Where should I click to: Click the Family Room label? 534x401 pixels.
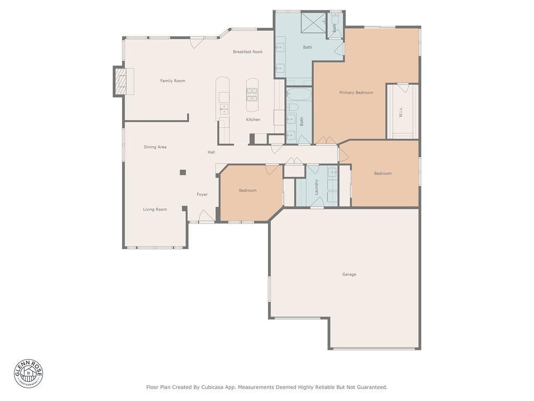click(x=173, y=81)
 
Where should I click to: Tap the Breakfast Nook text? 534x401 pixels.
click(x=248, y=52)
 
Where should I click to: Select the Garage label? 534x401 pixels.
click(x=349, y=274)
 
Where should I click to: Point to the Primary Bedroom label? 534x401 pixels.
click(x=356, y=92)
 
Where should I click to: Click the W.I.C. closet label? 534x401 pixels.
click(x=401, y=112)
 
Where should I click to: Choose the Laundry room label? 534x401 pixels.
click(x=317, y=187)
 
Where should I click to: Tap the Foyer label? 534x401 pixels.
click(x=202, y=194)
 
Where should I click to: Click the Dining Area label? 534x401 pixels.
click(x=155, y=147)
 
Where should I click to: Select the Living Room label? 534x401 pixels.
click(x=155, y=209)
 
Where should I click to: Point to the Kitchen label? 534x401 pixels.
click(x=253, y=120)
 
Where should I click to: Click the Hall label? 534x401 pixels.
click(x=211, y=152)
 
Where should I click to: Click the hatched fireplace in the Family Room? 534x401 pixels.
click(x=120, y=81)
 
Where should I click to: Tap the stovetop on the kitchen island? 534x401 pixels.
click(x=252, y=95)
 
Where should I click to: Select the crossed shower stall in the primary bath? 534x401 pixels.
click(x=313, y=22)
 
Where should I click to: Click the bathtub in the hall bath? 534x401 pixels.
click(x=299, y=94)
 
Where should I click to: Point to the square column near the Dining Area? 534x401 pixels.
click(x=183, y=172)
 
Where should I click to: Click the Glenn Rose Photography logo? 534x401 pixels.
click(x=29, y=373)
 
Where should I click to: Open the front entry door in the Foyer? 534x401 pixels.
click(x=206, y=216)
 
